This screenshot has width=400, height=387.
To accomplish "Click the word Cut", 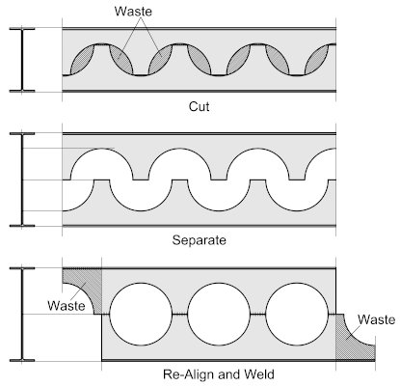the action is click(x=199, y=106).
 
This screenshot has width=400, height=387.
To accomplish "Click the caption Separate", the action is click(x=199, y=240).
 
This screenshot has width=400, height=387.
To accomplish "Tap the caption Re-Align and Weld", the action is click(x=219, y=374).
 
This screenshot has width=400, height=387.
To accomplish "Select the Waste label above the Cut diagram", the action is click(x=133, y=12).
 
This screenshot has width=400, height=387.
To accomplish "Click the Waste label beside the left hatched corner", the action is click(x=67, y=305).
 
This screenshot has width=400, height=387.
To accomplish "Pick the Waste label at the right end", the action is click(x=376, y=319).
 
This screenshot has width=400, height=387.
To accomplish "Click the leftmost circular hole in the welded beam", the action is click(x=141, y=314).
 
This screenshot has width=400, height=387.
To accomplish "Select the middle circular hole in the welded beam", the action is click(x=219, y=314).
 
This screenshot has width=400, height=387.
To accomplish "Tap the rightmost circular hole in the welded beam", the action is click(x=297, y=314).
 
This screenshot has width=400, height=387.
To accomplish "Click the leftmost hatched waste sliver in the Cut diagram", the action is click(x=82, y=60).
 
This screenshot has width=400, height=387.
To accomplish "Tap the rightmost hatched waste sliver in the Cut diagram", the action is click(x=316, y=60).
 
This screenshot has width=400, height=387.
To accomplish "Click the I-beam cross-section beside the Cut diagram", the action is click(x=22, y=60).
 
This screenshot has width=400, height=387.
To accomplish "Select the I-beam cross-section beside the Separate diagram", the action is click(x=22, y=180).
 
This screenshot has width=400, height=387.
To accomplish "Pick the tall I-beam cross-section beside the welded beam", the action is click(x=22, y=315).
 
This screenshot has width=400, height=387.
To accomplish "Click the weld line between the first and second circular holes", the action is click(x=180, y=314).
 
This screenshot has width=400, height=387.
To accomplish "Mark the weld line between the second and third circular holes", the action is click(x=258, y=314).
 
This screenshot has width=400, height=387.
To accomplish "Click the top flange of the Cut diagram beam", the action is click(x=200, y=29).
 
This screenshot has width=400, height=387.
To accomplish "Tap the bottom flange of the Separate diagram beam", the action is click(x=200, y=226).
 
